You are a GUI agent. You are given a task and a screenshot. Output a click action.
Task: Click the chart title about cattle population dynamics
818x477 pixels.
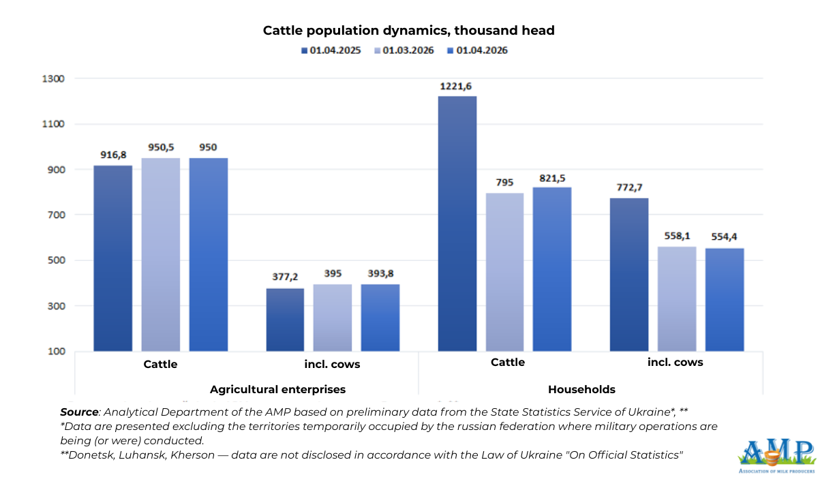pos(408,31)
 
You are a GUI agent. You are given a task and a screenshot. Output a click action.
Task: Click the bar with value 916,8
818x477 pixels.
pos(113,258)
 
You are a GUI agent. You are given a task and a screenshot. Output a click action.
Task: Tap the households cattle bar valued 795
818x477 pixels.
pos(504,272)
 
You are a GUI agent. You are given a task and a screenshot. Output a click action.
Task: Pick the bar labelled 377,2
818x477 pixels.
pos(285,320)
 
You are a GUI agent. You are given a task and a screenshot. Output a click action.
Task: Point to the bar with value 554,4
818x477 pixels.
pos(725,299)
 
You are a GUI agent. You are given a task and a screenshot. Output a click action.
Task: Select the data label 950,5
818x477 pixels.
pos(161,147)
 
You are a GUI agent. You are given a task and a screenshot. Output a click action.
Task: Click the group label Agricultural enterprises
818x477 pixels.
pos(277,390)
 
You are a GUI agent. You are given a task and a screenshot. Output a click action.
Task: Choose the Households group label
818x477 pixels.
pos(581,390)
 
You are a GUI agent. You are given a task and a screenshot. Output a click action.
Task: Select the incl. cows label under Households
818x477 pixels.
pos(675,363)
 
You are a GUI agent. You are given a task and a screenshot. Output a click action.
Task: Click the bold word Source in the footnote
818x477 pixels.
pos(79,413)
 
